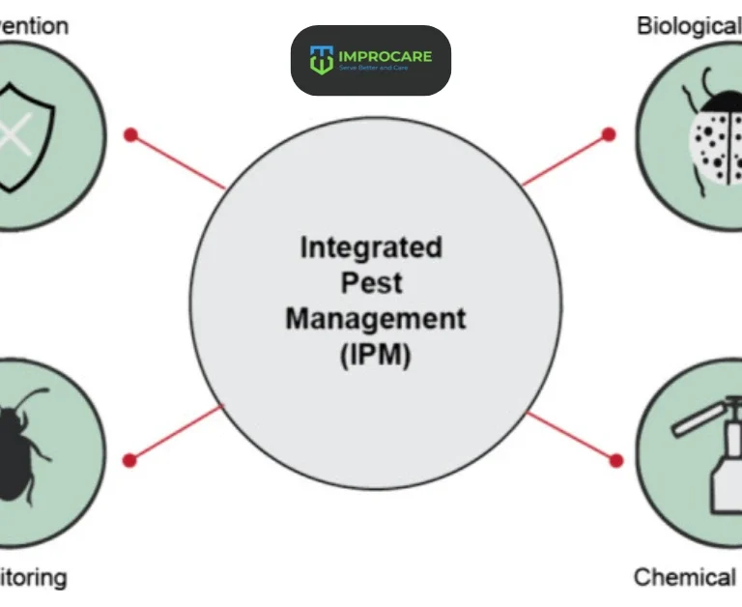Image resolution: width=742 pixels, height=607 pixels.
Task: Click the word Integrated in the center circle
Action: point(371,247)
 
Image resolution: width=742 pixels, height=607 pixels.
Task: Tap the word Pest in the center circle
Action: point(371,283)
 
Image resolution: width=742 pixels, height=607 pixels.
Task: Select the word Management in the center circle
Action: point(375,318)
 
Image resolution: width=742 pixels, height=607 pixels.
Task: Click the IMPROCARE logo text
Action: point(385,56)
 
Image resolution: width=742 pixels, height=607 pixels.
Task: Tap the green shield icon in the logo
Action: point(321,60)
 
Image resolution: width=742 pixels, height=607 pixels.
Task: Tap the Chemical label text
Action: point(685,577)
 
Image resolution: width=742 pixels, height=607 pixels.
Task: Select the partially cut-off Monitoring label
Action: point(34,578)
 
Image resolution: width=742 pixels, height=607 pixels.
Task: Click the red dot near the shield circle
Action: point(130,134)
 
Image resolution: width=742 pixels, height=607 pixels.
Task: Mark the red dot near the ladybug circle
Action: point(609,134)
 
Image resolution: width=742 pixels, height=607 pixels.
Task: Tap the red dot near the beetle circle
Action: point(129,460)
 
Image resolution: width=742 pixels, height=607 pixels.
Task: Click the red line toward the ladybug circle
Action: point(564,160)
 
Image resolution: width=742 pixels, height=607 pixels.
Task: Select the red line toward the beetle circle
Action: point(176,433)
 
